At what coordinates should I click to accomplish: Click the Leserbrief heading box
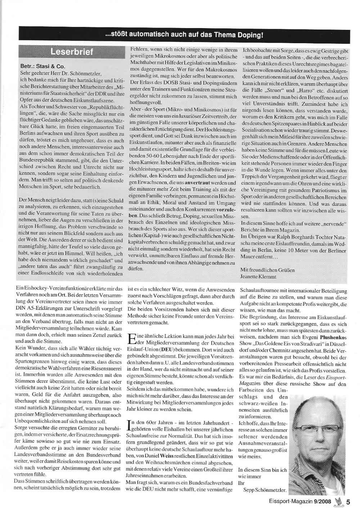point(72,52)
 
